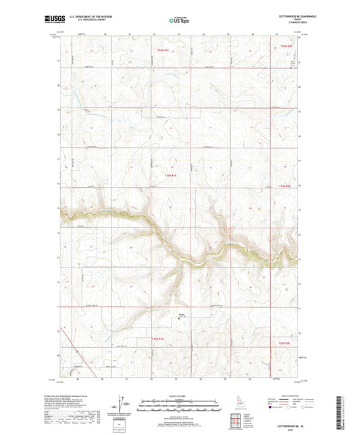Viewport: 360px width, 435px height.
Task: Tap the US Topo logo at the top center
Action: (x=179, y=20)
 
